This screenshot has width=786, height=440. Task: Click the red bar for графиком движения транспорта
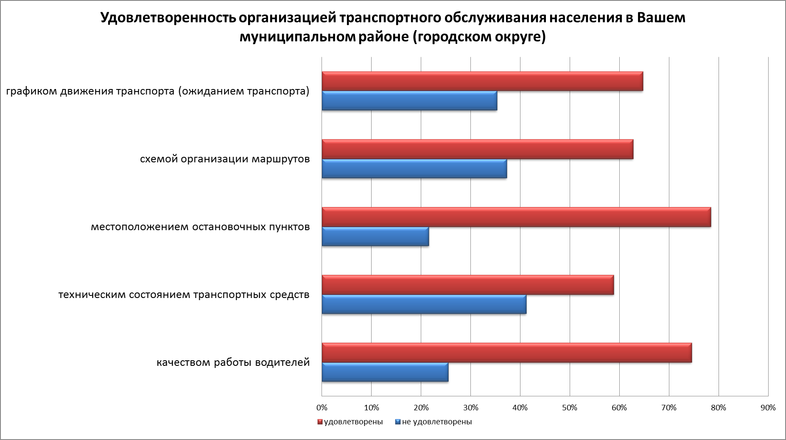click(482, 81)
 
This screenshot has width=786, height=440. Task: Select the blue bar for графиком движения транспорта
click(409, 101)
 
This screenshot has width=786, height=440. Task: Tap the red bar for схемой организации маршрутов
click(477, 149)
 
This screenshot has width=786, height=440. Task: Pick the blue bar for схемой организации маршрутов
click(414, 169)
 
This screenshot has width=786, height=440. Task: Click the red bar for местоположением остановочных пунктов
click(516, 217)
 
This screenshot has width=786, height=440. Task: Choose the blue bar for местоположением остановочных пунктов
click(375, 237)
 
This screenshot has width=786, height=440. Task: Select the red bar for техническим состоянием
click(467, 285)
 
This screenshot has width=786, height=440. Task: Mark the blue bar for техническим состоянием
click(424, 304)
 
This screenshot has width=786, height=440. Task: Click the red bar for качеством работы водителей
click(506, 353)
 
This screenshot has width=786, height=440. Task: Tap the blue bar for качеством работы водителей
click(385, 372)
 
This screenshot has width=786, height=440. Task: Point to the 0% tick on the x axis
click(322, 408)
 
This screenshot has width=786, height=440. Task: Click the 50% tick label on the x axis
click(570, 408)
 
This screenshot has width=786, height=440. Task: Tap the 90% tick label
click(768, 408)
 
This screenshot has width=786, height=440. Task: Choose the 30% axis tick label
click(470, 408)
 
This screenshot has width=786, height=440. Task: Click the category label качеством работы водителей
click(233, 363)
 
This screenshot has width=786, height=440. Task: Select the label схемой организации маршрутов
click(225, 159)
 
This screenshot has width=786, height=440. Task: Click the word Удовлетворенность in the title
click(167, 18)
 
